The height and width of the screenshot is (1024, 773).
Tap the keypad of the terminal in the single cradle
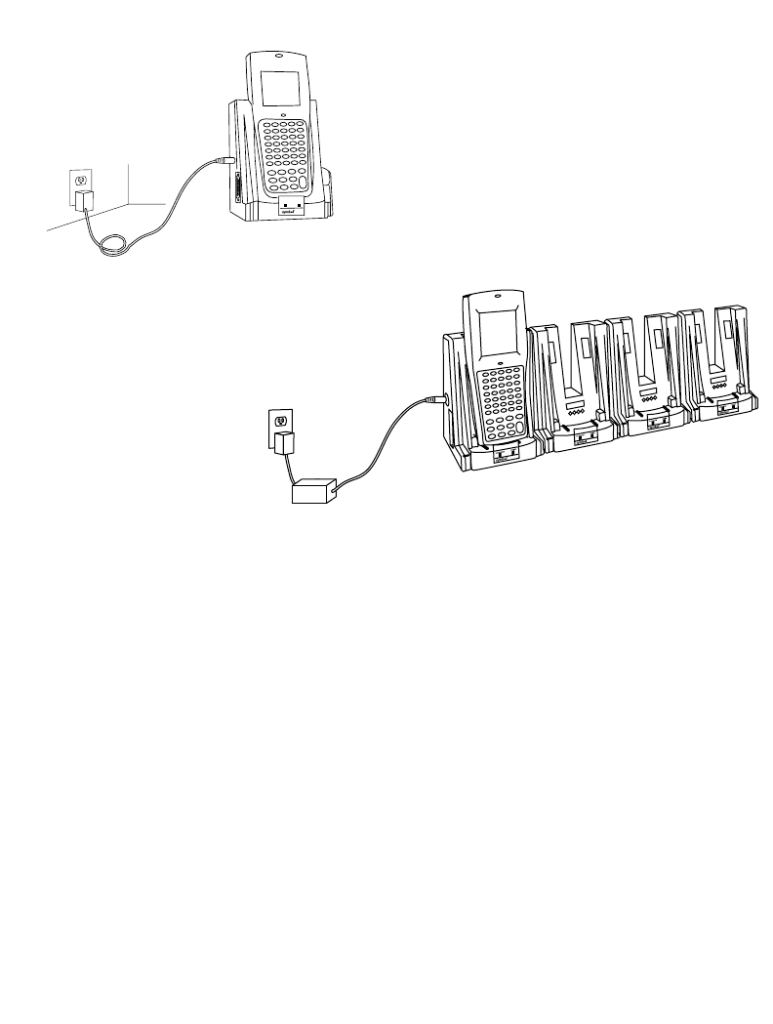pyautogui.click(x=285, y=156)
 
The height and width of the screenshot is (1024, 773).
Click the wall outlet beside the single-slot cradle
pyautogui.click(x=81, y=180)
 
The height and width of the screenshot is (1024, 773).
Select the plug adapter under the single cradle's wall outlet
pyautogui.click(x=83, y=203)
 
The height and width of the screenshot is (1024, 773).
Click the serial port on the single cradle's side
pyautogui.click(x=236, y=184)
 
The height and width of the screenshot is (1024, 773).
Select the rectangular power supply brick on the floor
pyautogui.click(x=313, y=490)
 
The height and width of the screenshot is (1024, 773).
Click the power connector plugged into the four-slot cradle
pyautogui.click(x=436, y=399)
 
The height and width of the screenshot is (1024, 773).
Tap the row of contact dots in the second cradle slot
pyautogui.click(x=573, y=413)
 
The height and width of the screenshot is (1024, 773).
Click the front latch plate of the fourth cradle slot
pyautogui.click(x=726, y=411)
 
